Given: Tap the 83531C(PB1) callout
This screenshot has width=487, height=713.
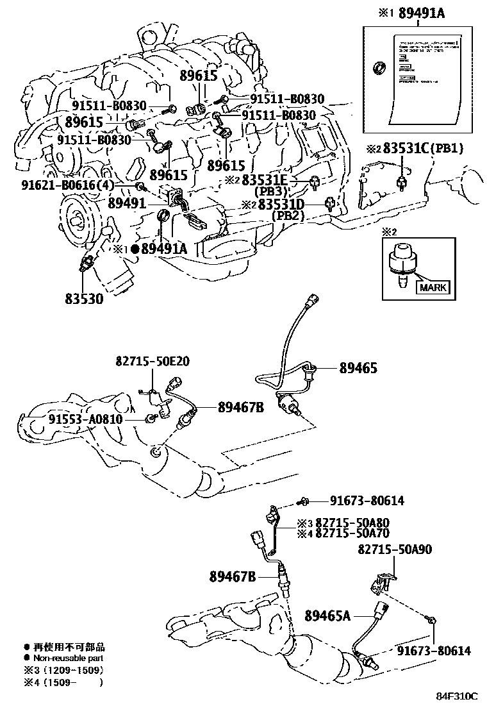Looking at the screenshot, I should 424,149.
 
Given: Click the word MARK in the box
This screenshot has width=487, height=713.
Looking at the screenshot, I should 433,287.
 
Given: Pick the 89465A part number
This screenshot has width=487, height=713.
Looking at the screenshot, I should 327,616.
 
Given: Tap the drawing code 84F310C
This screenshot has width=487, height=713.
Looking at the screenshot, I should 458,696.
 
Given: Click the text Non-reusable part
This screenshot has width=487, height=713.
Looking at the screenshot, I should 67,658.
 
